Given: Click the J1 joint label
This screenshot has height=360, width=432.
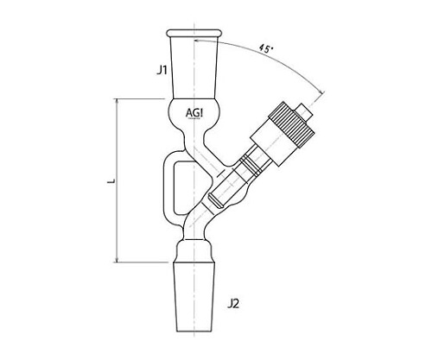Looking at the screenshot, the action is click(162, 70).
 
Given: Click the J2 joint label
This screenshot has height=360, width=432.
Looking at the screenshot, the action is click(233, 304).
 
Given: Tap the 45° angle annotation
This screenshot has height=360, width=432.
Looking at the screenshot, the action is click(266, 48).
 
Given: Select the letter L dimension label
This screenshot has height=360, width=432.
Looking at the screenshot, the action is click(112, 181).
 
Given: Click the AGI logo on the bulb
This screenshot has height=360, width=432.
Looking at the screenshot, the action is click(194, 113).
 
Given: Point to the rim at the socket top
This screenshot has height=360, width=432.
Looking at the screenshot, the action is click(194, 33).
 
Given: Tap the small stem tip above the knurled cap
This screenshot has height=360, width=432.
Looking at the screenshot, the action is click(306, 111).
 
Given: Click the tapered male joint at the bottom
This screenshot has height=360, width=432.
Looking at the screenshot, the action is click(194, 296).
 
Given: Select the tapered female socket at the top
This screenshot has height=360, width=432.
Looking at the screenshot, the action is click(194, 67).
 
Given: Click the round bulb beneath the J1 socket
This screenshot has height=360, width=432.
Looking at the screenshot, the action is click(194, 113).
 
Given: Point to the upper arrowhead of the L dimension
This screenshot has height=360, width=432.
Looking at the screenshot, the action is click(117, 101).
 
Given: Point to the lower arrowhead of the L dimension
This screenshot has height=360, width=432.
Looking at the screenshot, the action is click(117, 260).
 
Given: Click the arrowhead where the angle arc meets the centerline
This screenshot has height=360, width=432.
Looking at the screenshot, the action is click(197, 41).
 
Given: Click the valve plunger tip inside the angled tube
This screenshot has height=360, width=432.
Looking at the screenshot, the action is click(216, 201).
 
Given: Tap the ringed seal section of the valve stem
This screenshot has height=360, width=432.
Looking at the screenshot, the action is click(250, 166).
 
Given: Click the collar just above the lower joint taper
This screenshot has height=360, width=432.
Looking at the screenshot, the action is click(194, 251).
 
